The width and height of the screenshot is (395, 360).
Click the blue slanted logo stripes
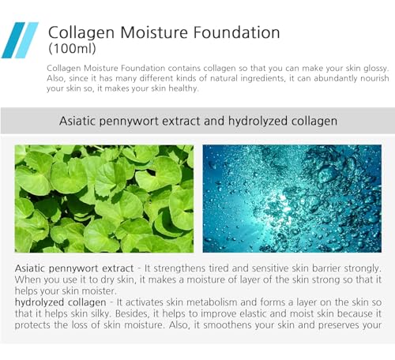click(20, 39)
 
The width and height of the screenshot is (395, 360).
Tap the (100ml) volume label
click(73, 49)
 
